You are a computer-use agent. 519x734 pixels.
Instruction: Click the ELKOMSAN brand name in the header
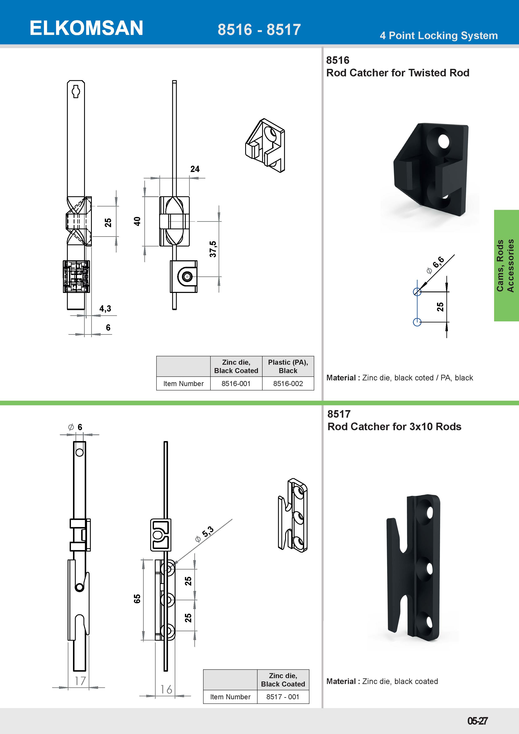pyautogui.click(x=86, y=28)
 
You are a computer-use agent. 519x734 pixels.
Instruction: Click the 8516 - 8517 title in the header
pyautogui.click(x=259, y=30)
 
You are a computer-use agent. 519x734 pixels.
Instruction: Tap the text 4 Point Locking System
pyautogui.click(x=438, y=36)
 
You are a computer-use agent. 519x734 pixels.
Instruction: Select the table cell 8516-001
pyautogui.click(x=236, y=384)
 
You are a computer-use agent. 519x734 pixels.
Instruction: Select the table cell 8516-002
pyautogui.click(x=288, y=384)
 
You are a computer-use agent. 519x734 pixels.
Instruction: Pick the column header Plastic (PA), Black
pyautogui.click(x=288, y=366)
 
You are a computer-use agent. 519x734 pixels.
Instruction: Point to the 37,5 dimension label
pyautogui.click(x=213, y=249)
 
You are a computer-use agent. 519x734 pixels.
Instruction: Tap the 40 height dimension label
pyautogui.click(x=137, y=221)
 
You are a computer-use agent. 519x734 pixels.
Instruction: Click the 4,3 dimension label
pyautogui.click(x=105, y=308)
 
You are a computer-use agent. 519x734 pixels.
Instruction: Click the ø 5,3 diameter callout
pyautogui.click(x=205, y=534)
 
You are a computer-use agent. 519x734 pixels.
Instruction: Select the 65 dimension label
pyautogui.click(x=137, y=599)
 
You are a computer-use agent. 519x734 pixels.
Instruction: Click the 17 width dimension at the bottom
pyautogui.click(x=80, y=681)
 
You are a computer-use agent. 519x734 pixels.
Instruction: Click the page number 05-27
pyautogui.click(x=477, y=721)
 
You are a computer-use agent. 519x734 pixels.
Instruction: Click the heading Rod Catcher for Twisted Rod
pyautogui.click(x=397, y=73)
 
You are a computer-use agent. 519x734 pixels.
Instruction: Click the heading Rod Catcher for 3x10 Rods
pyautogui.click(x=394, y=427)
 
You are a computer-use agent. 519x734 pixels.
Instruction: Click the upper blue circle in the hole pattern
pyautogui.click(x=417, y=291)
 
